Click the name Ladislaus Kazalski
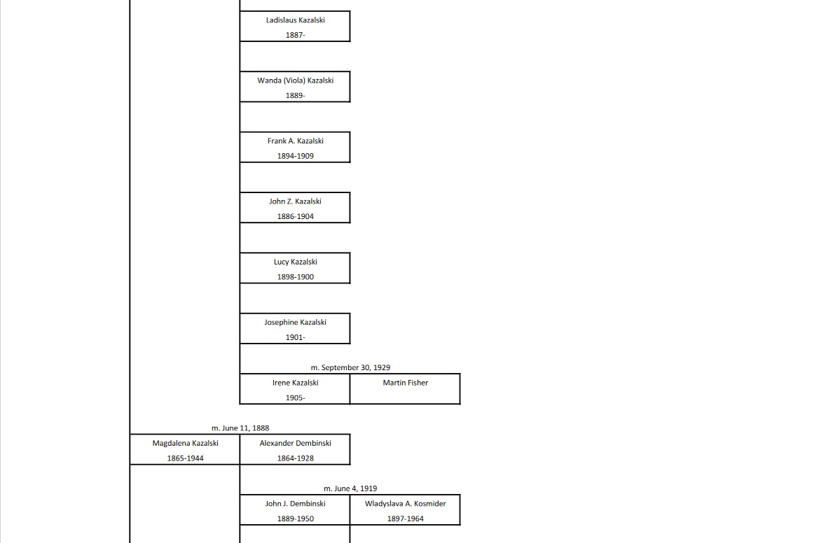click(x=295, y=20)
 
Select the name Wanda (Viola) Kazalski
click(x=295, y=80)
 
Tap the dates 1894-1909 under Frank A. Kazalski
click(x=295, y=156)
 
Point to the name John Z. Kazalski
click(x=295, y=202)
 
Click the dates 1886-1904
click(x=295, y=217)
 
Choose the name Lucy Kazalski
click(x=295, y=262)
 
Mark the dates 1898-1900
click(x=295, y=277)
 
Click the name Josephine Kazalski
click(x=295, y=323)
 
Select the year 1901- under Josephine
click(x=295, y=337)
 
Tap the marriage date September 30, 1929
click(x=350, y=367)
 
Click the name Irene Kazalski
click(x=295, y=383)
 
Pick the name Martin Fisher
click(x=405, y=383)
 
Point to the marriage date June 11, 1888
click(x=240, y=428)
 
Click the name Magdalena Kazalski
click(x=185, y=443)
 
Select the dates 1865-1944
click(x=185, y=458)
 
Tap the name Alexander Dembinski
click(x=295, y=443)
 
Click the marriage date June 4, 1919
click(x=350, y=488)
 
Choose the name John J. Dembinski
click(x=295, y=504)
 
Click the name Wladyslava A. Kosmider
click(x=405, y=504)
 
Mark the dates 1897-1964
click(x=405, y=519)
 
